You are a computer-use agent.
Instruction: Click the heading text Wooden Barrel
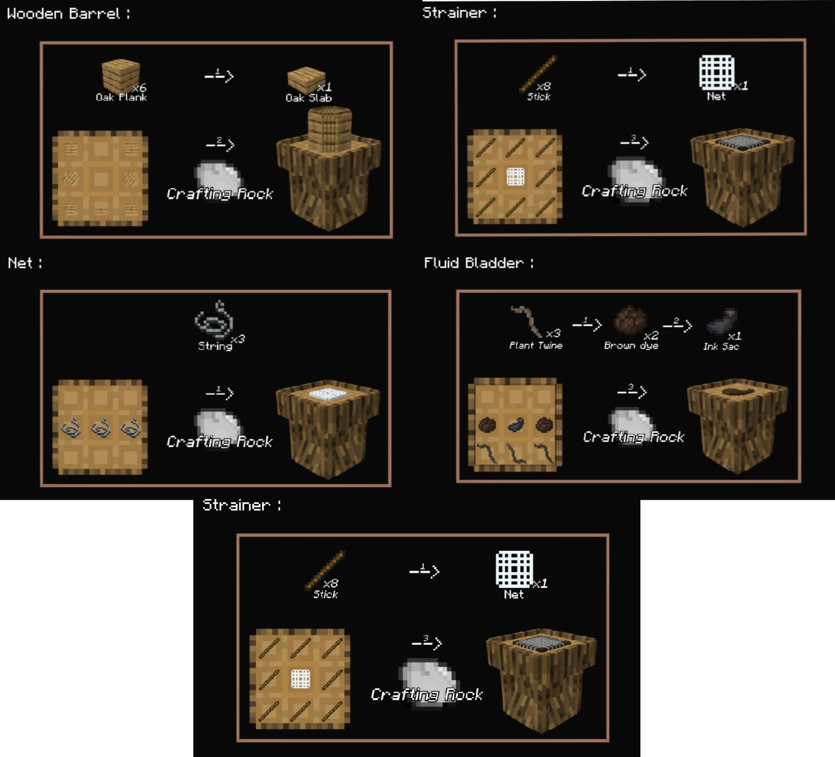(x=64, y=14)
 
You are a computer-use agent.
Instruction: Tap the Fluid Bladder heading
(x=473, y=263)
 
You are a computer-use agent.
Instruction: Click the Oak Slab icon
(x=306, y=79)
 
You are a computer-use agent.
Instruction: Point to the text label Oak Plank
(x=121, y=97)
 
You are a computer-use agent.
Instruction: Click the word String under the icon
(x=215, y=346)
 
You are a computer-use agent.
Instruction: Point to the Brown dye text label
(x=631, y=346)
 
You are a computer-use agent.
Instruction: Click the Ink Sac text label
(x=721, y=347)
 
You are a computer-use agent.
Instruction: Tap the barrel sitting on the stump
(x=330, y=129)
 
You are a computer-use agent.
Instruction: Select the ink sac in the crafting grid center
(x=516, y=424)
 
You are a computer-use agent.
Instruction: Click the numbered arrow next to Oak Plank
(x=219, y=75)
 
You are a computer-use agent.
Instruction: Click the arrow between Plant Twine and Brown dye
(x=587, y=324)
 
